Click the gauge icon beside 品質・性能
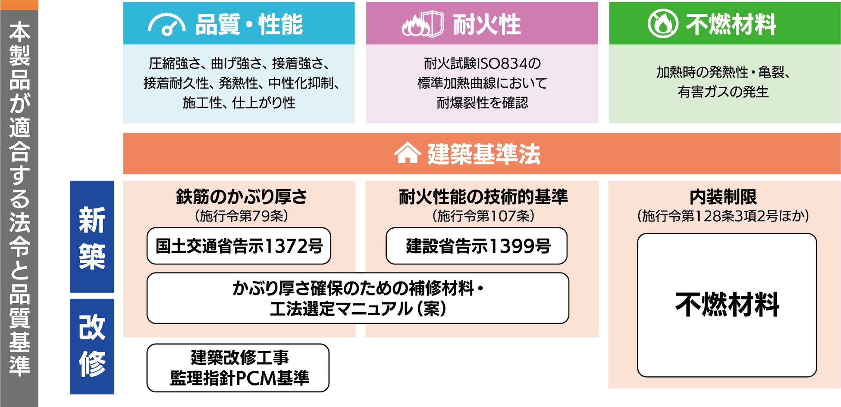166,25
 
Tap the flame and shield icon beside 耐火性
422,25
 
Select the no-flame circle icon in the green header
663,24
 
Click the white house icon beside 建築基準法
407,153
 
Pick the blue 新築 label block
92,237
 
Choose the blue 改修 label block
92,346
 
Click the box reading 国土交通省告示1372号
239,246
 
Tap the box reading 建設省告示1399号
477,246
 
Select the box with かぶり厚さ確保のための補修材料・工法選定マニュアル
358,298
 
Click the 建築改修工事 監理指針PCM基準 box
238,368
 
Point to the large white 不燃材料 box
727,305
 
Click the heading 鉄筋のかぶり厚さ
241,197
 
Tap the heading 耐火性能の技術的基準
483,197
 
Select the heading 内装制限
723,197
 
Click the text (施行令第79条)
241,216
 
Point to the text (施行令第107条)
483,216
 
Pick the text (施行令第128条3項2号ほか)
723,216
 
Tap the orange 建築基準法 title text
484,154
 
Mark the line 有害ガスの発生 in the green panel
723,92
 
